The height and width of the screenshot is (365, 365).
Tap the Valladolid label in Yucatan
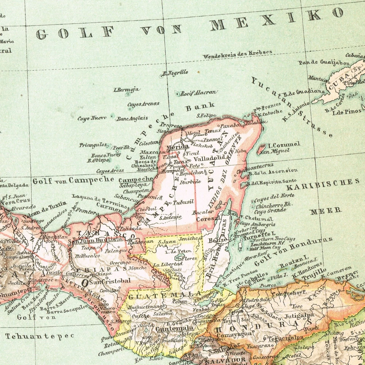tap(209, 158)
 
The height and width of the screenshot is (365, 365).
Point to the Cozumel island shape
tap(262, 148)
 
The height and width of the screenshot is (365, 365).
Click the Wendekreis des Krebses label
tap(237, 54)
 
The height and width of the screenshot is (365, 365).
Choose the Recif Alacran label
tap(198, 92)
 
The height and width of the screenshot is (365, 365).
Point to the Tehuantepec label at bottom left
tap(29, 336)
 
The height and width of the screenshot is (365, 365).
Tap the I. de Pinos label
tap(348, 112)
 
